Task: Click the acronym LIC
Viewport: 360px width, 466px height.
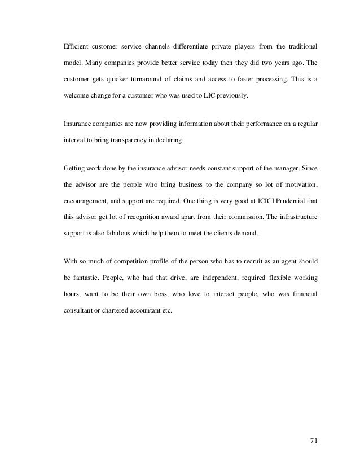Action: (x=212, y=96)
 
